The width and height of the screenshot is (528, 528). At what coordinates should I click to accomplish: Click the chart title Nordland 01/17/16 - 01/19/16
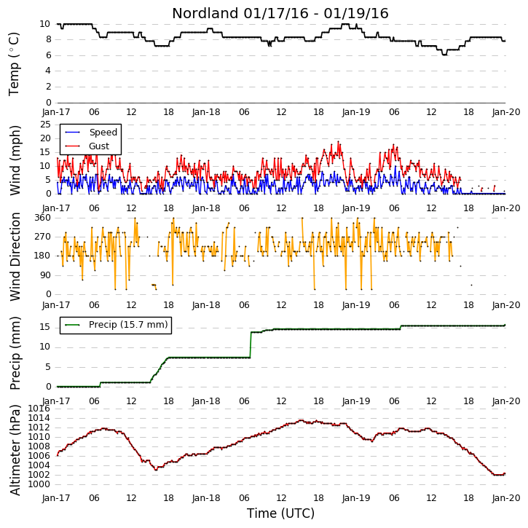click(280, 13)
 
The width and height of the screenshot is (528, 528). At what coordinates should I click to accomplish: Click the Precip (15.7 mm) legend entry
click(117, 325)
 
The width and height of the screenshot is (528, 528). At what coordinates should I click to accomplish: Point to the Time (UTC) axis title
click(280, 513)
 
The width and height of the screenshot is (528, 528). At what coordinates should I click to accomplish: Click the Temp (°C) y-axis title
click(14, 64)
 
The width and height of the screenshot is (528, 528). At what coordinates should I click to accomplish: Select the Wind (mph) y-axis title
click(15, 160)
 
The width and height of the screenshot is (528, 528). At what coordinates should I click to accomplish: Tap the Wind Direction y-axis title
click(15, 256)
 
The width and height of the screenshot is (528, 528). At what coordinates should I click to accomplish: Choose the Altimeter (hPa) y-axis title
click(15, 450)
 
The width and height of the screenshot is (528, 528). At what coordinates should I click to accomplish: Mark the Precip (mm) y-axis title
click(15, 353)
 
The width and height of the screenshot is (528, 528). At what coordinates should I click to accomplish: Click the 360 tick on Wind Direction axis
click(42, 218)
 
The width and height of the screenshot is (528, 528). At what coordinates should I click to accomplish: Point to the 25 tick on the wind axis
click(45, 125)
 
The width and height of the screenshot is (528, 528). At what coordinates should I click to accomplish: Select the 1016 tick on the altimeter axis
click(39, 409)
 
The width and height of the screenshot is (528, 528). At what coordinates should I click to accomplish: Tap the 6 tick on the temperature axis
click(49, 55)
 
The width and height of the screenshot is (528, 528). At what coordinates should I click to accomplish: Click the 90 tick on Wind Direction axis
click(45, 275)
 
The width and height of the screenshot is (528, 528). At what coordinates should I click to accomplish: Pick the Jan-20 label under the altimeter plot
click(506, 497)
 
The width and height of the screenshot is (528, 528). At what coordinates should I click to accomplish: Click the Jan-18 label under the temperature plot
click(206, 112)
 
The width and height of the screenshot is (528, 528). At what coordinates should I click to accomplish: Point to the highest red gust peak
click(338, 141)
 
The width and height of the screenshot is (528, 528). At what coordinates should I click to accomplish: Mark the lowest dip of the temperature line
click(444, 54)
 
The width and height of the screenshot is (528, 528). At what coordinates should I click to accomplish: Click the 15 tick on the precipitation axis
click(45, 327)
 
